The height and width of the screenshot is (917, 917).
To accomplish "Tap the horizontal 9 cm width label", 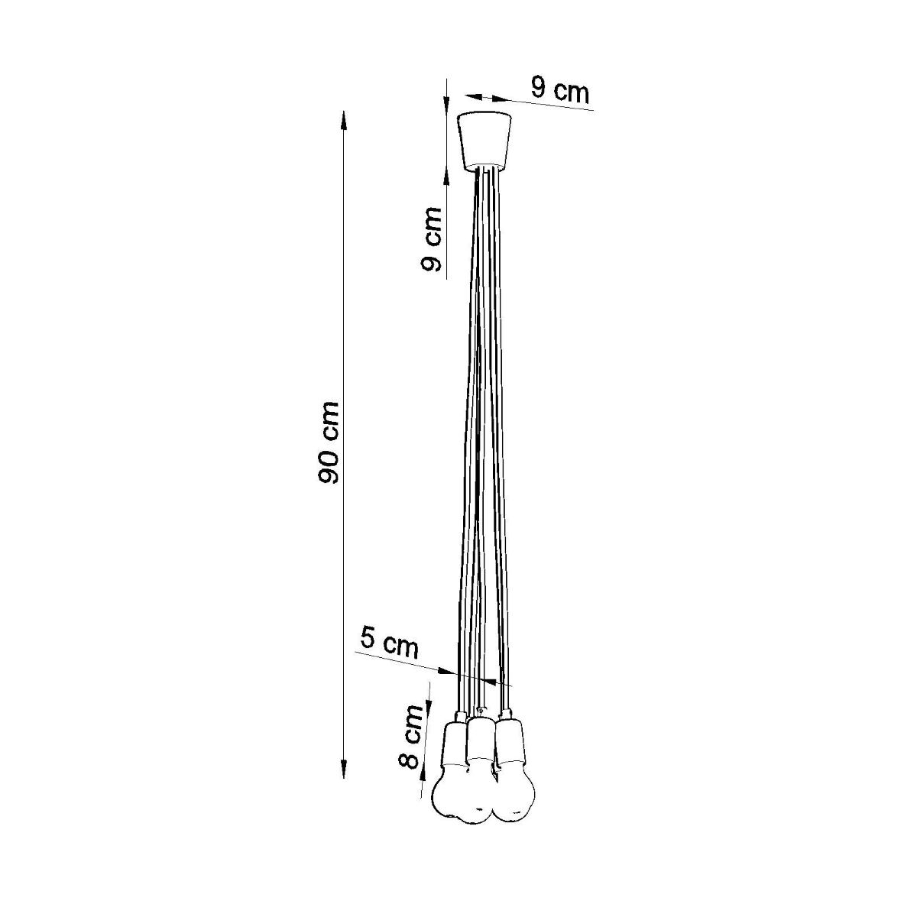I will tap(560, 91).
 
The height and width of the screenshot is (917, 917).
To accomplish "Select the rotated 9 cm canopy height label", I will tap(432, 239).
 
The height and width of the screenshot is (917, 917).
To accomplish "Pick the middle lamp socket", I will tap(480, 737).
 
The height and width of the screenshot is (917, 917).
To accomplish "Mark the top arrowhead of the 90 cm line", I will tap(344, 119).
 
